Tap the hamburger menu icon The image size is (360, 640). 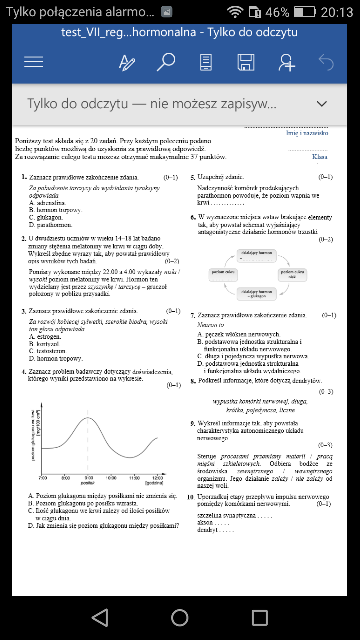click(34, 62)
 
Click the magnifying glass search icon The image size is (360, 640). click(166, 62)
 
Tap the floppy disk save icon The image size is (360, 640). click(246, 62)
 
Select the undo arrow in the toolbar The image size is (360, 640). click(326, 62)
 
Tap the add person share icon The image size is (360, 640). click(286, 62)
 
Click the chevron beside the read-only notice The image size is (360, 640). click(322, 104)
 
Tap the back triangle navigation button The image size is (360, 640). click(100, 618)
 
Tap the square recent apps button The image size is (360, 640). click(260, 618)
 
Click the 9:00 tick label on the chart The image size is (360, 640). click(88, 478)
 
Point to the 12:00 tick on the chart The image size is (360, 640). click(157, 478)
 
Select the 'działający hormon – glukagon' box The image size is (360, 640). click(256, 294)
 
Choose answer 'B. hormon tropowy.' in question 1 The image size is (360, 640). click(56, 210)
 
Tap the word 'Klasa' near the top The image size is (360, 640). click(320, 157)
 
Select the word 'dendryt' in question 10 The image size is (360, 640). click(208, 530)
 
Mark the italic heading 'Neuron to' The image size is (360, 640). click(210, 325)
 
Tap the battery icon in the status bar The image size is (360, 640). click(304, 12)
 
